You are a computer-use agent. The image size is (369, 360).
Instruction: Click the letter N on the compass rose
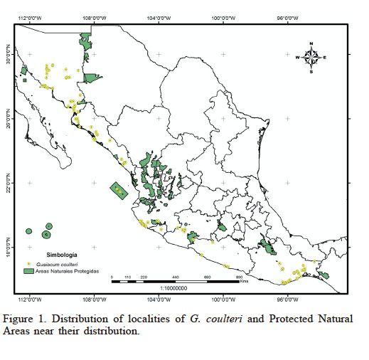click(311, 45)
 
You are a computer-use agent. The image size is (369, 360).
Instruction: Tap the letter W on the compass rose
click(297, 58)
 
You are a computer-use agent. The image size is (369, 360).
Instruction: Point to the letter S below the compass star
click(311, 71)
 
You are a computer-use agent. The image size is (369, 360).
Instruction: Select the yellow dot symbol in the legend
click(28, 263)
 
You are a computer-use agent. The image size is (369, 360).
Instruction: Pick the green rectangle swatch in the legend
click(29, 271)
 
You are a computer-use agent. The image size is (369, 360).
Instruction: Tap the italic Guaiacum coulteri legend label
click(60, 263)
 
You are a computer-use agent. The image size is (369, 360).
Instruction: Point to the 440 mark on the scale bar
click(175, 277)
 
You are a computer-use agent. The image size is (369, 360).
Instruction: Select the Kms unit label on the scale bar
click(245, 282)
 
